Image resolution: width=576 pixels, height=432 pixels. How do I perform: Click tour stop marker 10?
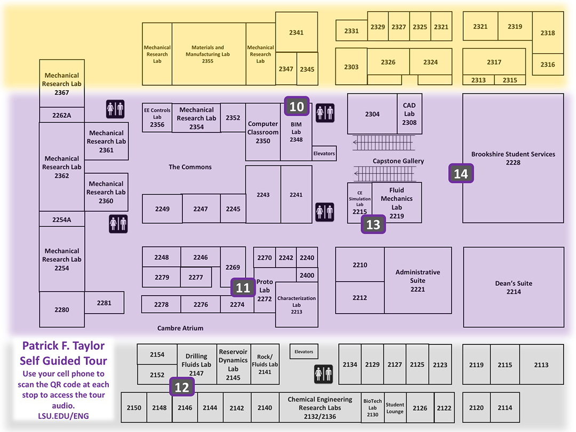[297, 106]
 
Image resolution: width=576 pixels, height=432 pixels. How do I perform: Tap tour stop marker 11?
[243, 287]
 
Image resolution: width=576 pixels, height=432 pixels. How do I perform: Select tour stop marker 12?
[182, 387]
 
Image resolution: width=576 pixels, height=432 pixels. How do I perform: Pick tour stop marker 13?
[373, 225]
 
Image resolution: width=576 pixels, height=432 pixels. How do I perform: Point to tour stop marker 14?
[461, 173]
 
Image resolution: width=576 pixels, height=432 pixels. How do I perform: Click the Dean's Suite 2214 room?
[514, 287]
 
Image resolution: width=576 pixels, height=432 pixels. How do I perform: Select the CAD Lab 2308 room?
[409, 114]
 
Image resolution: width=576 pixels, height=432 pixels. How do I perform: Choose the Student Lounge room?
[395, 408]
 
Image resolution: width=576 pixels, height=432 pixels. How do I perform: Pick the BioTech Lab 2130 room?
[372, 408]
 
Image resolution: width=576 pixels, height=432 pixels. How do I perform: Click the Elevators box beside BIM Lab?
[324, 154]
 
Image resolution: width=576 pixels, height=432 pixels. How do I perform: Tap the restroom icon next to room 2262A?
[115, 109]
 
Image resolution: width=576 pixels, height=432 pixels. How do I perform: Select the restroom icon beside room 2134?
[323, 373]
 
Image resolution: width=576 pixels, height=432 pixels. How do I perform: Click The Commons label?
[190, 167]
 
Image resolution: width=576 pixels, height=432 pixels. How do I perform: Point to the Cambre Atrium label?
[180, 328]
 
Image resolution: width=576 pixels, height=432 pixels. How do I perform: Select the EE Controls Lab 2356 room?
[157, 117]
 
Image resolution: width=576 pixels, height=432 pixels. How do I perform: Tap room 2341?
[296, 33]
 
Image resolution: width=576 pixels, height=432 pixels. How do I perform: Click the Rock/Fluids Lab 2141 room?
[265, 364]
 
